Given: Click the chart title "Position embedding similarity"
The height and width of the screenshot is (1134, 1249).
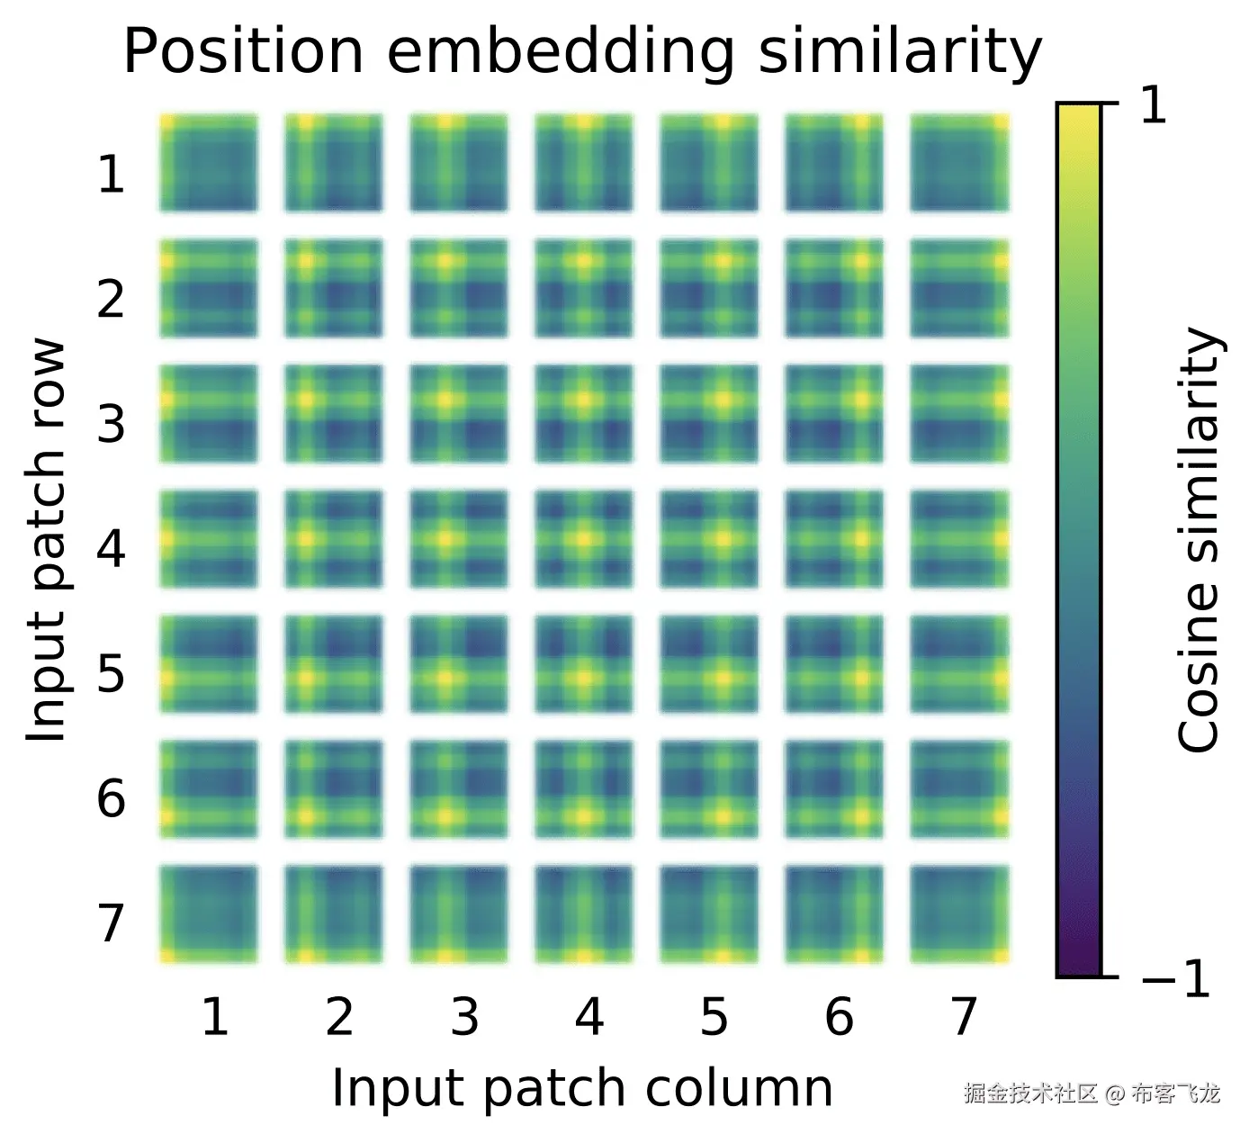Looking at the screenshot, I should [582, 51].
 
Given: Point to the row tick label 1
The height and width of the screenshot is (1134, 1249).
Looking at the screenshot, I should [111, 174].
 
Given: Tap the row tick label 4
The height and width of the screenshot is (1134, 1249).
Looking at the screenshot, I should [111, 547].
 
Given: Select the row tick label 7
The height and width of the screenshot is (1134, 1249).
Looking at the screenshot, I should [111, 922].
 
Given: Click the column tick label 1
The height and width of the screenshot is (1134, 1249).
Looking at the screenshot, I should [214, 1017].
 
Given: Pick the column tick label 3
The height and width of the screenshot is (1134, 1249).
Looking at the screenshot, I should [464, 1017].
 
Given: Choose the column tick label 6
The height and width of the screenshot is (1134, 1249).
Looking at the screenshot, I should [839, 1017].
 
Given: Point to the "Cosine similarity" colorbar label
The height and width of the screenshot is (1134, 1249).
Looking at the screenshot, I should [1199, 540].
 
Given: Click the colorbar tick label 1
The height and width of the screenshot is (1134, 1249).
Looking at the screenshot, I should [1153, 106].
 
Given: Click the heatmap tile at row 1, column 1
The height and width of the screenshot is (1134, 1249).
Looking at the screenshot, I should [209, 163].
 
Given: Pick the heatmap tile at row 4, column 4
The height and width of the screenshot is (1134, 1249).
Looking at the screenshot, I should [584, 538].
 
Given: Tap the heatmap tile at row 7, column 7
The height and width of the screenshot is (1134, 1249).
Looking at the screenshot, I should [959, 913].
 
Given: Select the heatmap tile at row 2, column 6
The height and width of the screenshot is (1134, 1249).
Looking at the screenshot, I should [834, 288].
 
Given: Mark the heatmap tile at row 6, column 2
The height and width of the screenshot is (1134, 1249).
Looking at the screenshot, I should [334, 788].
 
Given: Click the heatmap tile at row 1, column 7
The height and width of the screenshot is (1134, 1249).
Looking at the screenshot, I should [959, 163].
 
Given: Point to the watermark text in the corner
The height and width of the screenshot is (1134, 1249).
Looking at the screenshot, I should [1092, 1093].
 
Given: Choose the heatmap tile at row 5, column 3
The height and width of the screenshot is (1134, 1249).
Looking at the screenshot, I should [459, 663].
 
